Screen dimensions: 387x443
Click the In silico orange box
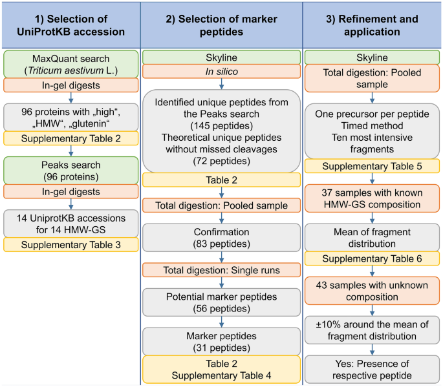tap(221, 72)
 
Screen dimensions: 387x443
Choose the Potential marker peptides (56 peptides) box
tap(221, 301)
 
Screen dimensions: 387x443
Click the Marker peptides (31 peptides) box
tap(221, 341)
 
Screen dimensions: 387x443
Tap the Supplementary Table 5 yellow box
tap(372, 166)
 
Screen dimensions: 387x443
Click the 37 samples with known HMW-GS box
tap(372, 199)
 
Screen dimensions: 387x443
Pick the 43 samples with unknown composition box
tap(372, 290)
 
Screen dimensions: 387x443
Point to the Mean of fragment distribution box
tap(372, 236)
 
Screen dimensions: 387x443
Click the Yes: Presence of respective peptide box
tap(372, 368)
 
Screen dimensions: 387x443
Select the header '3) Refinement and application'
tap(372, 24)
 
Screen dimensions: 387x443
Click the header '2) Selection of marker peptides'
tap(221, 24)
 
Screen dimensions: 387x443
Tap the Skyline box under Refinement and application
tap(372, 57)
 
